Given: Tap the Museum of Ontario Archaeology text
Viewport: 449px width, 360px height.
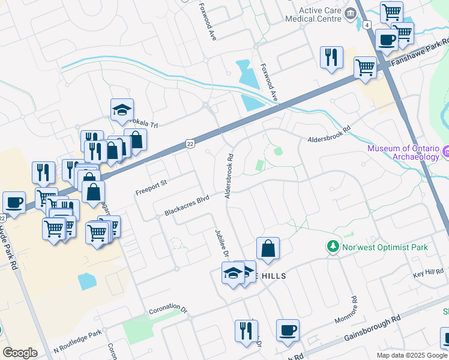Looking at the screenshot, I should point(403,153).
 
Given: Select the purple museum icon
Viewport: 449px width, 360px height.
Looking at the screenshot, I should point(445,153).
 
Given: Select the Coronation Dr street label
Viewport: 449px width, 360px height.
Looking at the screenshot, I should point(168,312).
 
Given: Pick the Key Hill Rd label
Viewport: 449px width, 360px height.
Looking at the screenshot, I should point(427,274).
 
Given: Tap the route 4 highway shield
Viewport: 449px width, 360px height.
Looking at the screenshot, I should point(366,25).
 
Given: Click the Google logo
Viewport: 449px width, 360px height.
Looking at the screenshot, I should point(20,353).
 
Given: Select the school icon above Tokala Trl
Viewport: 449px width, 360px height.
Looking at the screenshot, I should point(122,110).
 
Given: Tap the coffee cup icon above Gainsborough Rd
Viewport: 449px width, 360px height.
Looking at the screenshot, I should point(288,329).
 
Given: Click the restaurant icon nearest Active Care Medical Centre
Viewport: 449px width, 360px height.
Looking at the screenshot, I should point(331,58).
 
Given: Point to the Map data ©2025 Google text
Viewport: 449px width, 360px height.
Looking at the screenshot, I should point(412,355).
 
